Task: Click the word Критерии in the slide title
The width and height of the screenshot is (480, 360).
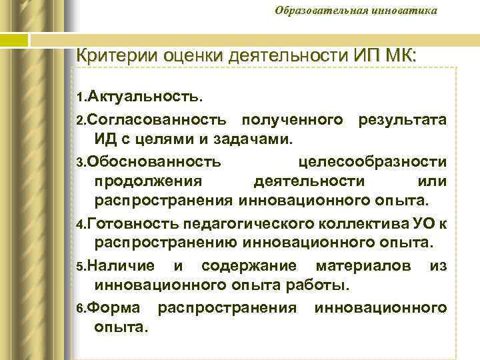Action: [x=110, y=54]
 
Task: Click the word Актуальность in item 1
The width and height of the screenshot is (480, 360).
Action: [x=144, y=97]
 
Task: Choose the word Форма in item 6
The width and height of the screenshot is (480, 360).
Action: [x=113, y=307]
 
